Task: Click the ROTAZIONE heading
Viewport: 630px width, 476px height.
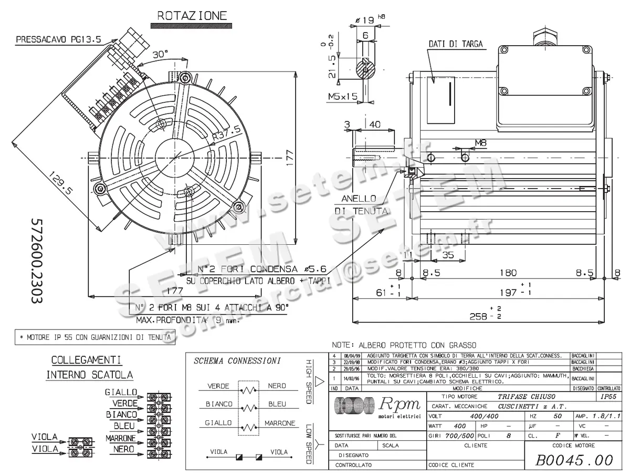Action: pyautogui.click(x=192, y=16)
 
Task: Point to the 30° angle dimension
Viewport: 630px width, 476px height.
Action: pyautogui.click(x=160, y=54)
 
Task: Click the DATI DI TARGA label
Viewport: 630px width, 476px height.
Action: pyautogui.click(x=455, y=44)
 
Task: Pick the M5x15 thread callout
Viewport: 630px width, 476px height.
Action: pyautogui.click(x=342, y=96)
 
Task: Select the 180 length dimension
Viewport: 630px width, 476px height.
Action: pyautogui.click(x=508, y=273)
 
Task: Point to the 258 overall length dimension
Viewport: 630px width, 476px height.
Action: pyautogui.click(x=478, y=316)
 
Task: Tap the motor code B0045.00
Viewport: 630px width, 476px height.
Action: pyautogui.click(x=573, y=460)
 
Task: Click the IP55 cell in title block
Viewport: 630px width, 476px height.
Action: pyautogui.click(x=608, y=397)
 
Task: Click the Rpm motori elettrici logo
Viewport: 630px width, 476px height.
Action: pyautogui.click(x=377, y=407)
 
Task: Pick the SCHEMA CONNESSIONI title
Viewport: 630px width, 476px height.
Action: pyautogui.click(x=237, y=361)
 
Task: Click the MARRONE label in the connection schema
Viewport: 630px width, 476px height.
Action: pyautogui.click(x=279, y=423)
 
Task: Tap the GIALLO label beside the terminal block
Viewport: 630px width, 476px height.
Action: pyautogui.click(x=121, y=392)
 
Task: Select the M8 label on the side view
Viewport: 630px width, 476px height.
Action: pyautogui.click(x=480, y=142)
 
